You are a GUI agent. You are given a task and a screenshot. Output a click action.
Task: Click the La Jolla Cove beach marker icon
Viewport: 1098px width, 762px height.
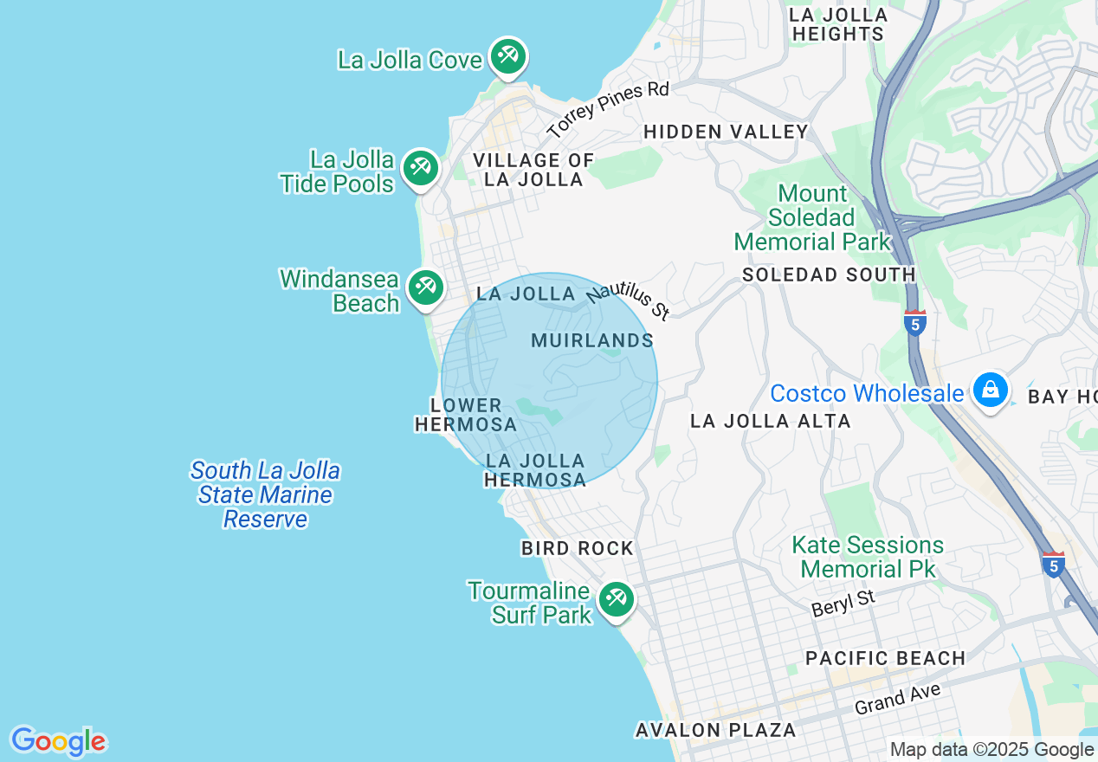tap(507, 56)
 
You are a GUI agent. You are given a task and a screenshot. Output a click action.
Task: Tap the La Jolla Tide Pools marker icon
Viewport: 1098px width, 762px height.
tap(421, 166)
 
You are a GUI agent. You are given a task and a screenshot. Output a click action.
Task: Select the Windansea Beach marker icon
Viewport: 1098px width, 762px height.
tap(424, 287)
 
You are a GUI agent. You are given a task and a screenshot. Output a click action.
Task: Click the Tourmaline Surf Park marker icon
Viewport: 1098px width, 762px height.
tap(616, 598)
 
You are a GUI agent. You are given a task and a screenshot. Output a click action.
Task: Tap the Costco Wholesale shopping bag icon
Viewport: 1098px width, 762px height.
tap(990, 390)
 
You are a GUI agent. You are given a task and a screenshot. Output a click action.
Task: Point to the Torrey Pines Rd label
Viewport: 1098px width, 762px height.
tap(609, 110)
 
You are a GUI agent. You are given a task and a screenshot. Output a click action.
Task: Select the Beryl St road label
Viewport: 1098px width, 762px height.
tap(843, 603)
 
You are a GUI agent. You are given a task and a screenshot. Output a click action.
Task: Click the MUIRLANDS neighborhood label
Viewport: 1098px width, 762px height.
tap(592, 340)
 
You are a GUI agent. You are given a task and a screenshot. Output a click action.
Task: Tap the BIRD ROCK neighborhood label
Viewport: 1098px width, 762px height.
tap(578, 548)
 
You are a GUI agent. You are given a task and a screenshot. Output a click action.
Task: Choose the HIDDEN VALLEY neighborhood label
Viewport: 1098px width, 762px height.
tap(726, 132)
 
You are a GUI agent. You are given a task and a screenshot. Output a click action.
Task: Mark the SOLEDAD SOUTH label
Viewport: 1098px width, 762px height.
tap(829, 274)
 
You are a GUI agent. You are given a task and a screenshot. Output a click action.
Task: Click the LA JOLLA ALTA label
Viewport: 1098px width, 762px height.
tap(770, 421)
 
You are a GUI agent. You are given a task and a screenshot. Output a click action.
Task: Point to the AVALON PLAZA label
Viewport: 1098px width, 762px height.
tap(715, 730)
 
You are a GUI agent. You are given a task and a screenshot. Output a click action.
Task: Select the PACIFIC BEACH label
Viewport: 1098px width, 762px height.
tap(885, 658)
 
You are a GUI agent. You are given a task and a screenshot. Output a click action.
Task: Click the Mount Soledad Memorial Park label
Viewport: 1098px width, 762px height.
tap(812, 217)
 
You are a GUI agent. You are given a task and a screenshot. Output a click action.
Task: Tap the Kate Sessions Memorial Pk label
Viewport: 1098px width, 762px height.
tap(868, 557)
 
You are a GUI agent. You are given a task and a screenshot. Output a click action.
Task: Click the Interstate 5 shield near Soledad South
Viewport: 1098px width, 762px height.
tap(914, 323)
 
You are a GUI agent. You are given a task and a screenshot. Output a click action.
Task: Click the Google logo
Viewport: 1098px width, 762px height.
tap(58, 742)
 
